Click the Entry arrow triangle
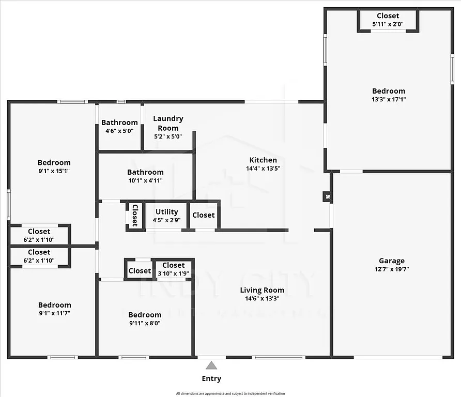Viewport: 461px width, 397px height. coord(211,366)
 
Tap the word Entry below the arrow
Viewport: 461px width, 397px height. coord(211,379)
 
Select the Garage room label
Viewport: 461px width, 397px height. coord(391,261)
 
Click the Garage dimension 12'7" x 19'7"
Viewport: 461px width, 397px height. coord(391,269)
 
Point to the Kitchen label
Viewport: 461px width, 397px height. coord(263,160)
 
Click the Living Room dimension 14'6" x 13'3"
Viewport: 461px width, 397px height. coord(262,298)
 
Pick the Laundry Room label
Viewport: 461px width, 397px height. coord(168,123)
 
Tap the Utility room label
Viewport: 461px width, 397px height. coord(166,212)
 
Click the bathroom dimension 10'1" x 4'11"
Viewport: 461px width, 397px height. coord(145,180)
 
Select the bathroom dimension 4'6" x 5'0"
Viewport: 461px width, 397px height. coord(119,131)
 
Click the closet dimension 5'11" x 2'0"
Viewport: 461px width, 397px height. coord(388,24)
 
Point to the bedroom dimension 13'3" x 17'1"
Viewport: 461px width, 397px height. coord(389,99)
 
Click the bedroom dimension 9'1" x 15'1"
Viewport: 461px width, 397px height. coord(54,171)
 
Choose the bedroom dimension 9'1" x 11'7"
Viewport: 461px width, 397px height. coord(54,313)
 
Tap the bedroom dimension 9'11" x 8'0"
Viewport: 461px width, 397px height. coord(145,323)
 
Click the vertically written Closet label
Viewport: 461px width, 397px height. coord(135,215)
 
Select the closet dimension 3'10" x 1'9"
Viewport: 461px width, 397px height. coord(173,273)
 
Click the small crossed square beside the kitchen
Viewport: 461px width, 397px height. coord(327,196)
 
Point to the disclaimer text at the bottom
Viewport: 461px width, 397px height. coord(230,393)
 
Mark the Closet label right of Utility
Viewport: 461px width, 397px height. coord(203,215)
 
